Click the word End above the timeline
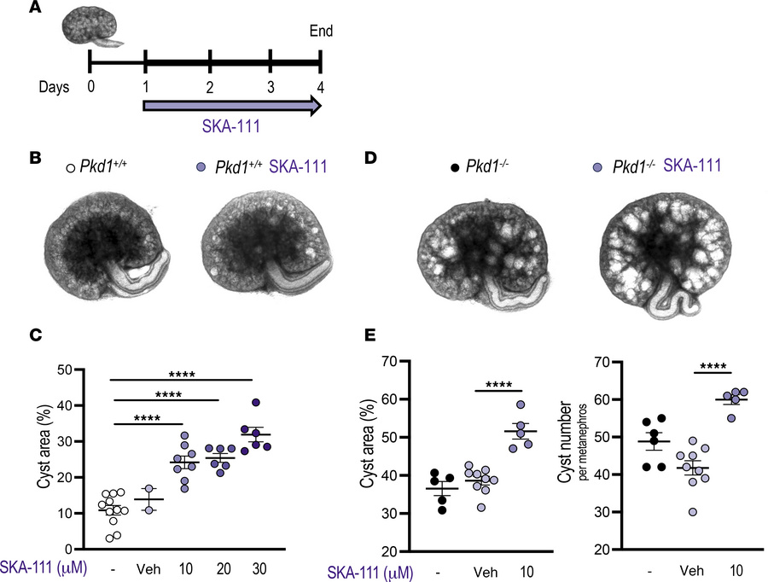coord(320,32)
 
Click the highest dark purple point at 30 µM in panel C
coord(254,403)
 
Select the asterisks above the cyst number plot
coord(710,369)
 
